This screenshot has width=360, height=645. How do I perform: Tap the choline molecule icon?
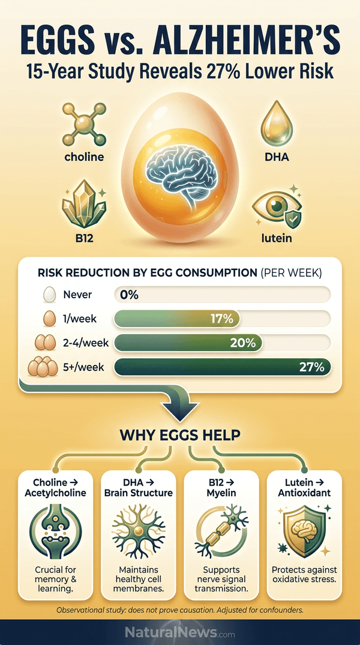coord(83,124)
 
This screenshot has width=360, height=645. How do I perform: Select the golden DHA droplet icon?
coord(277,124)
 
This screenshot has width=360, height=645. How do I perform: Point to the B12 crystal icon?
coord(83,203)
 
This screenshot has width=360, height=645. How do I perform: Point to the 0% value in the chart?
coord(129,295)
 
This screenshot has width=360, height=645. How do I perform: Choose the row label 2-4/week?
coord(86,343)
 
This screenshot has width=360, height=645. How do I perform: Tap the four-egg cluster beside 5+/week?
coord(43,367)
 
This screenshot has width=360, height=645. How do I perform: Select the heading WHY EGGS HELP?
coord(180,436)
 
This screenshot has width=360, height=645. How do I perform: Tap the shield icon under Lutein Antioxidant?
coord(305,531)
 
